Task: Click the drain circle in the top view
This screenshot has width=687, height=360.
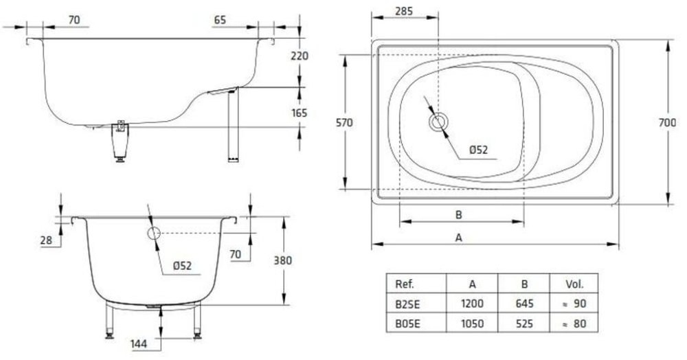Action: point(438,123)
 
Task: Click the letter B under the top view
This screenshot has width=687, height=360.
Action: point(459,214)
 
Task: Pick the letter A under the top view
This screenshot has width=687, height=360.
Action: point(459,238)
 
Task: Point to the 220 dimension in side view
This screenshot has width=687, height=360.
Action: point(300,56)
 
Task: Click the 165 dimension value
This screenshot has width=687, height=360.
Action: point(300,113)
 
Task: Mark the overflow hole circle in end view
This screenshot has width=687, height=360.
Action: point(153,233)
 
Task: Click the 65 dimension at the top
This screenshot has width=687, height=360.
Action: point(220,21)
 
